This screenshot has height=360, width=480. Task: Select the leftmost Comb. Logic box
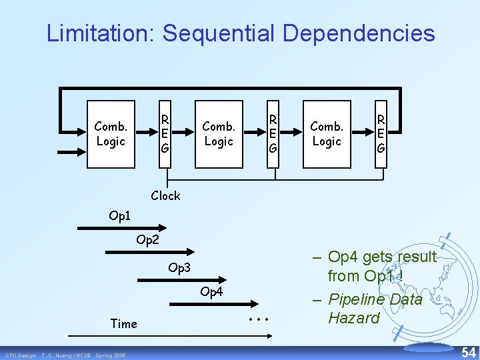pyautogui.click(x=111, y=133)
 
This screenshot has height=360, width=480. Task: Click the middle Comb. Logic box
pyautogui.click(x=219, y=133)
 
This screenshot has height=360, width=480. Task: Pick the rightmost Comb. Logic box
pyautogui.click(x=327, y=133)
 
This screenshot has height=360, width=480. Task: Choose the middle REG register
pyautogui.click(x=273, y=133)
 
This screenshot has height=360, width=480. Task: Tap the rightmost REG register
pyautogui.click(x=380, y=133)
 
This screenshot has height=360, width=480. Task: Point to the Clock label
pyautogui.click(x=165, y=195)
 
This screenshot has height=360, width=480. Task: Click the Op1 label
pyautogui.click(x=121, y=217)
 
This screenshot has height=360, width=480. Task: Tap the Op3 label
pyautogui.click(x=179, y=268)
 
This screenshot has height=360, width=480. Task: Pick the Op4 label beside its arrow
pyautogui.click(x=211, y=292)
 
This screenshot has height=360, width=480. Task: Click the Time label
pyautogui.click(x=123, y=324)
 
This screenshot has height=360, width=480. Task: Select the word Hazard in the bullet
pyautogui.click(x=353, y=318)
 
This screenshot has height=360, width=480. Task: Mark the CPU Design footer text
pyautogui.click(x=21, y=355)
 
